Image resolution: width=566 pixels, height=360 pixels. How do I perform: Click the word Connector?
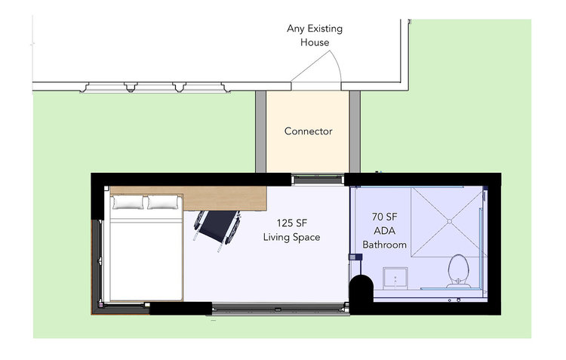point(308,131)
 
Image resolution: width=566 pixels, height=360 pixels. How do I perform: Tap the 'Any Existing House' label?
point(315,35)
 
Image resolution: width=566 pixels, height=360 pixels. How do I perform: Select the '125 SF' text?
point(291,223)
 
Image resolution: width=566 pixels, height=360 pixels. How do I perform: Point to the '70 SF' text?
point(384,217)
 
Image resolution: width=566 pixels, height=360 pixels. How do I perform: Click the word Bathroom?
point(384,245)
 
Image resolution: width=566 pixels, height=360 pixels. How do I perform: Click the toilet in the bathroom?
point(458,271)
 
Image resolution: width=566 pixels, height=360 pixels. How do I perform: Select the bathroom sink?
point(395,278)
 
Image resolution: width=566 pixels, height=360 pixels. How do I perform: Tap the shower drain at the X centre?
point(450,221)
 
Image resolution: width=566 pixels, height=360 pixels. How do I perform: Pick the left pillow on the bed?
point(128,202)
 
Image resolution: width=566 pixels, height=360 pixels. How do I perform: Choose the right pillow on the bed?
point(163,202)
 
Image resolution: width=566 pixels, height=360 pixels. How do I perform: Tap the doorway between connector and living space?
point(318,179)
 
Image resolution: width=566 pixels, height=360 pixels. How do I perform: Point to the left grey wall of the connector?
point(260,131)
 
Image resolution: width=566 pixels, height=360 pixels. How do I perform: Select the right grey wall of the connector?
point(355,131)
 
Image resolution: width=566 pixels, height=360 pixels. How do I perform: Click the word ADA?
point(384,231)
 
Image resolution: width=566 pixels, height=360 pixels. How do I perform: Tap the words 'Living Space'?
point(291,237)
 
